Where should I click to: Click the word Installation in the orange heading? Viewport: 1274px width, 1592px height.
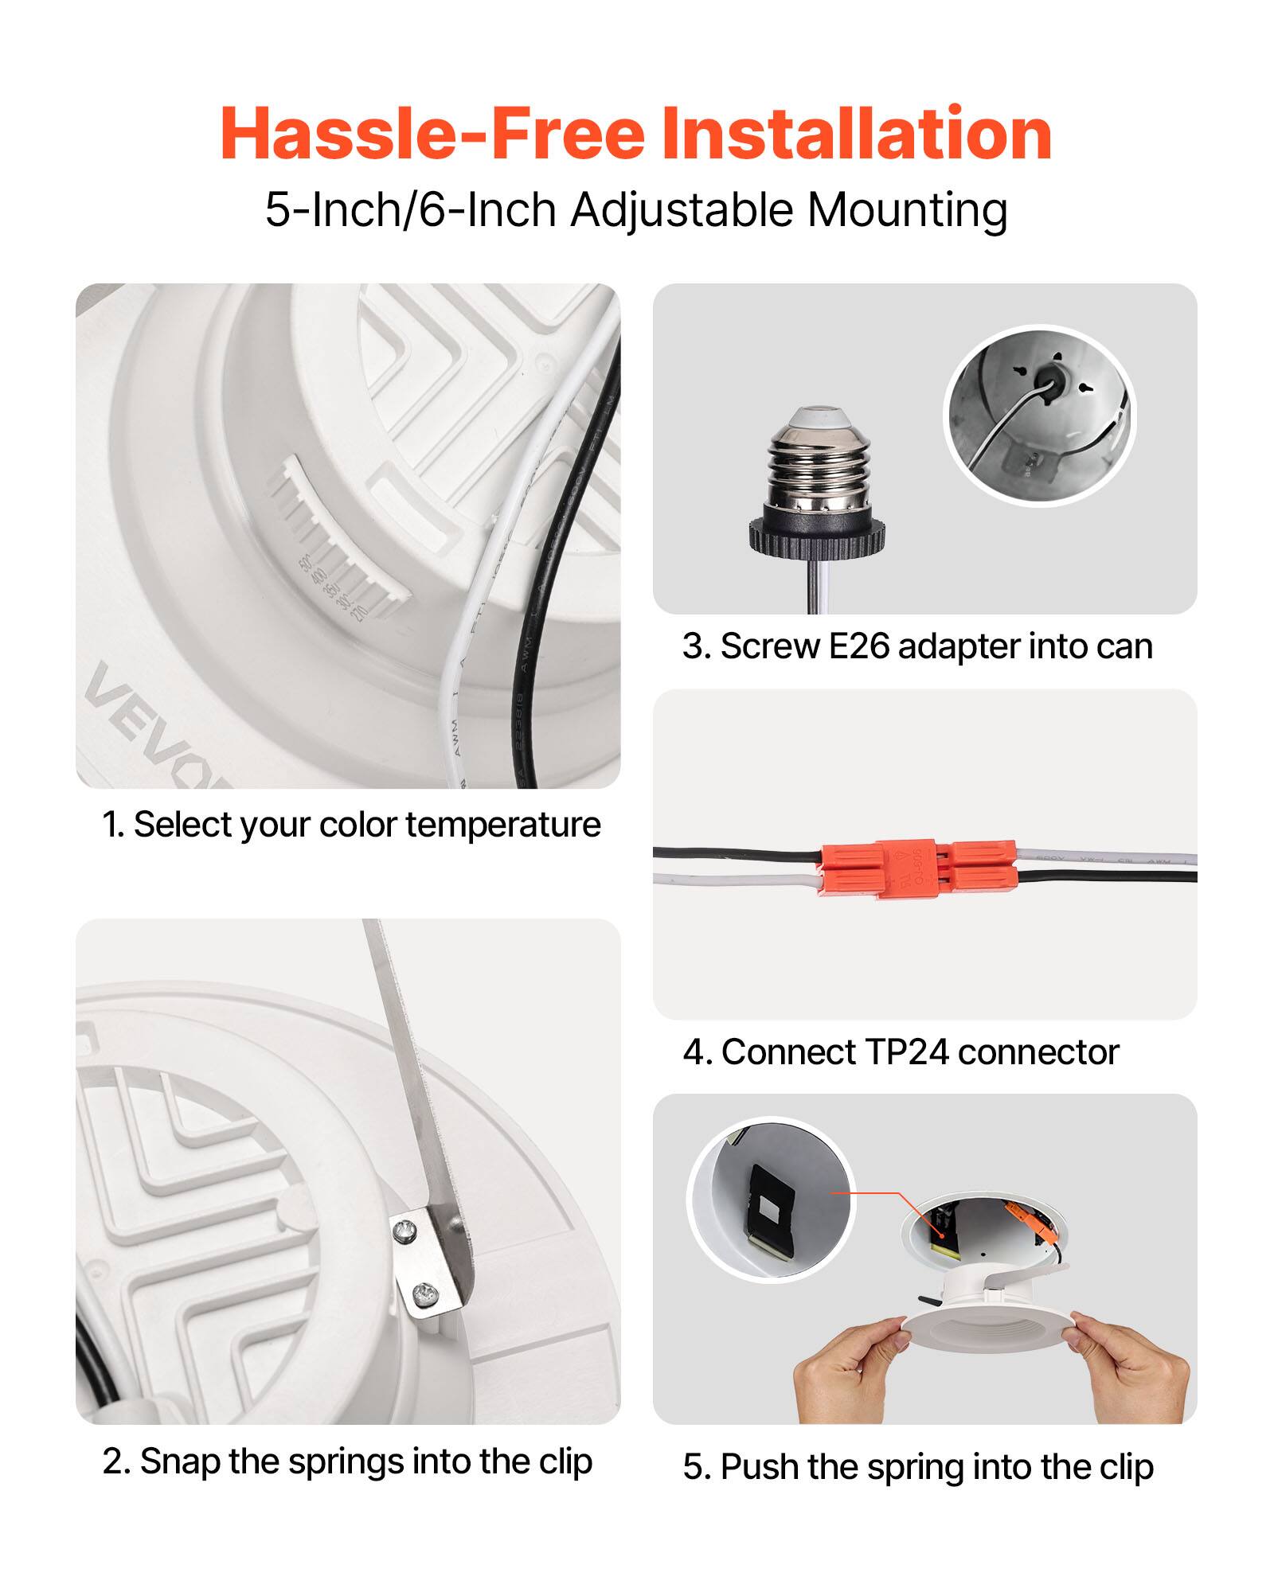tap(857, 134)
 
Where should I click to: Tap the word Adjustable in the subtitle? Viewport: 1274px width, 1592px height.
tap(682, 210)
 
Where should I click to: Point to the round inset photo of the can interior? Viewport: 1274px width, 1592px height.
tap(1039, 416)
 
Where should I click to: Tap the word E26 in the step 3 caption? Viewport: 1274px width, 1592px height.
tap(858, 646)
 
